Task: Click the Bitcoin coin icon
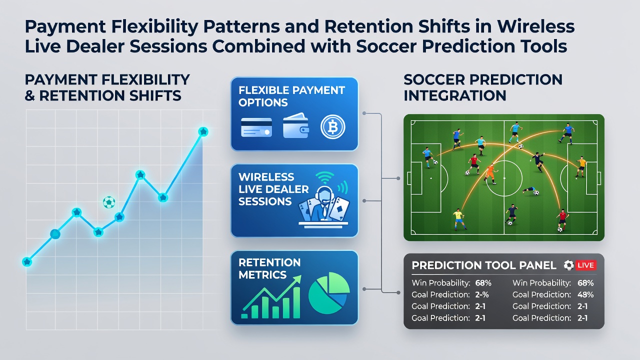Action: [333, 127]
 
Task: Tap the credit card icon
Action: [256, 127]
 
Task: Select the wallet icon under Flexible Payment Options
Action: [295, 125]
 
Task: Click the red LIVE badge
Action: [585, 265]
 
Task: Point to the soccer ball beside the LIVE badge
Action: [568, 265]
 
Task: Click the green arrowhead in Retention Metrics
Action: [297, 279]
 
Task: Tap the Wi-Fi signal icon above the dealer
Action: [325, 177]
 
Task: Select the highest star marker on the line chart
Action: [203, 131]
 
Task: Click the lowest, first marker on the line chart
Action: [27, 261]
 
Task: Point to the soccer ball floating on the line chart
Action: [109, 202]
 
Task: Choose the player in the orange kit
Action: [491, 173]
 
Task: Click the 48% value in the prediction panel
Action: [585, 294]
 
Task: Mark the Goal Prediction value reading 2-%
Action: [482, 294]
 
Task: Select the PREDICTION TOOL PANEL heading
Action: [483, 265]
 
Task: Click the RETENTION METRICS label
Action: [269, 268]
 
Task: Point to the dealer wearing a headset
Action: [323, 204]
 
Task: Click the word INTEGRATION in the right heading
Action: [455, 95]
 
